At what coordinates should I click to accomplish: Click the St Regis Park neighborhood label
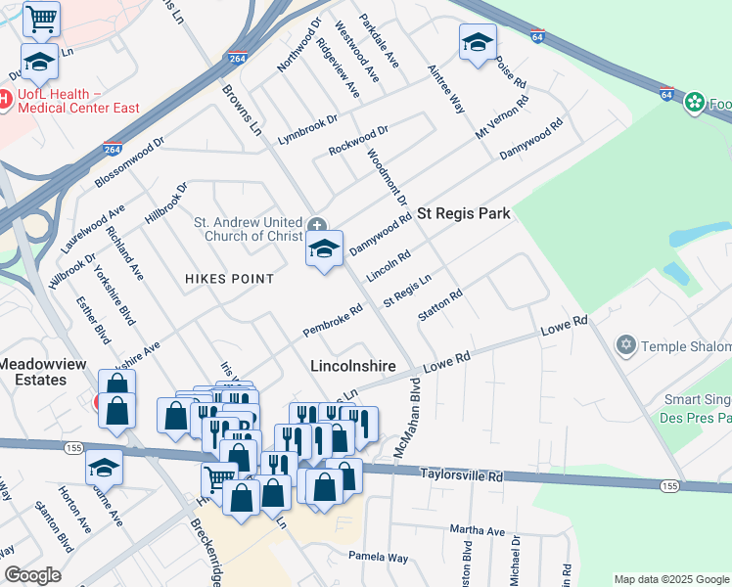[x=464, y=213]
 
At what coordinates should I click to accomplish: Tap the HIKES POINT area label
[x=230, y=279]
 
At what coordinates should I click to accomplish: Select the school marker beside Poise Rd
[x=478, y=42]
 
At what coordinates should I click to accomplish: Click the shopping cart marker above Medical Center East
[x=41, y=18]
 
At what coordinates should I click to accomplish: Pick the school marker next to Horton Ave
[x=104, y=468]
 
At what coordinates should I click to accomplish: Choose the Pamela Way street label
[x=379, y=557]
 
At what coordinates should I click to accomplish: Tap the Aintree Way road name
[x=446, y=89]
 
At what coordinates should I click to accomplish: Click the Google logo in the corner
[x=32, y=575]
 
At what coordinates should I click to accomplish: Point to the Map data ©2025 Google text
[x=671, y=579]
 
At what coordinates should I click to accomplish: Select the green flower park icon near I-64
[x=695, y=102]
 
